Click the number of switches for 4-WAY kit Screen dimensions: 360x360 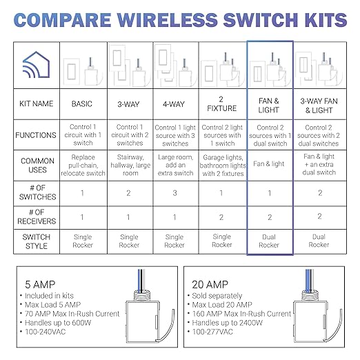click(x=175, y=194)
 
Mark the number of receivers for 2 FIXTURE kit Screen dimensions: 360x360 click(x=222, y=217)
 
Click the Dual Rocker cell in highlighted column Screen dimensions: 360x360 click(x=270, y=240)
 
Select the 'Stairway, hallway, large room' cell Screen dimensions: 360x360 click(x=129, y=166)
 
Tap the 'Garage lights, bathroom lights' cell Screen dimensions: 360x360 click(x=222, y=166)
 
